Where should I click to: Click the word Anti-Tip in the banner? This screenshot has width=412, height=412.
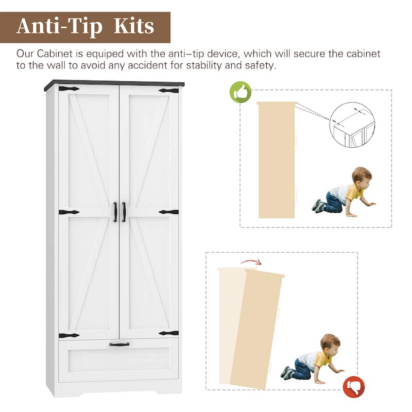pos(59,27)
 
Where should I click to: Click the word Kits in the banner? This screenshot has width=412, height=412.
pos(134,26)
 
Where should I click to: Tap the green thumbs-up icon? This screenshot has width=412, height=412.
pos(241,92)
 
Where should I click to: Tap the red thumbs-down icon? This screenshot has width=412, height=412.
pos(354,387)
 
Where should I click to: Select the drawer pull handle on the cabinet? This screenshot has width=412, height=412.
pos(119,344)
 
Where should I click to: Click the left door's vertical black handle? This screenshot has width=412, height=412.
pos(115,212)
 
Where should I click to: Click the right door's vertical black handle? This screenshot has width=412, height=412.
pos(124,212)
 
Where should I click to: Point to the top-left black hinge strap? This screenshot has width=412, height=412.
pos(69,89)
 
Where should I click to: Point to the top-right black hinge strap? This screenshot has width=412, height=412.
pos(169,91)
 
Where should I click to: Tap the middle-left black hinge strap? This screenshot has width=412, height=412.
pos(69,212)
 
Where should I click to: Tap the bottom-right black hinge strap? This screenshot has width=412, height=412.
pos(169,333)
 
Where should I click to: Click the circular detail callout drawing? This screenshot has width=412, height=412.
pos(352,125)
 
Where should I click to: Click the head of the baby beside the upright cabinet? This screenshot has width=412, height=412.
pos(362,176)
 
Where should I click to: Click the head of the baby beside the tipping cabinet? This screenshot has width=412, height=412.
pos(330,344)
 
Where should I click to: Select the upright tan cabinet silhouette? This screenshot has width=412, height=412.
pos(277,160)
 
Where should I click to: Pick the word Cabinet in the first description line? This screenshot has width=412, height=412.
pos(55,54)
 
